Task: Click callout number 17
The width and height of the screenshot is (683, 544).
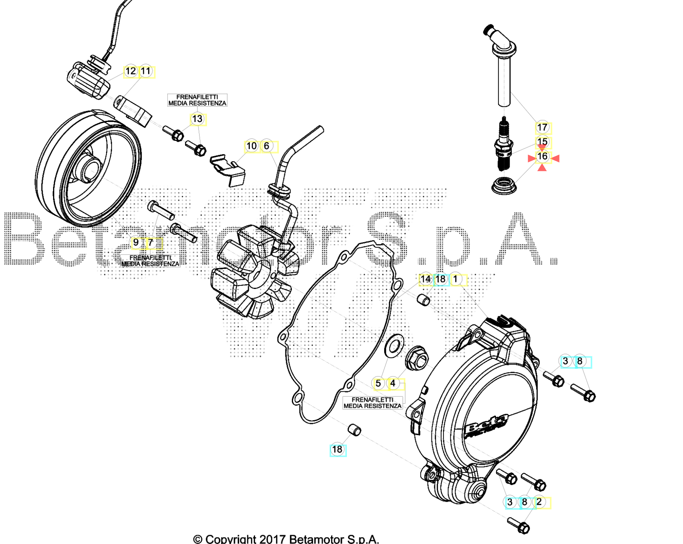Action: coord(542,127)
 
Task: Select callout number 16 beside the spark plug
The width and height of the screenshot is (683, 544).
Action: coord(542,156)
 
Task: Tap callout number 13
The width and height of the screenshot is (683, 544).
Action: coord(197,119)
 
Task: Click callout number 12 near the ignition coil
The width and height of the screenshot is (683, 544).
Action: coord(131,71)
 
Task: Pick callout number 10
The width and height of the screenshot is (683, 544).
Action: coord(251,146)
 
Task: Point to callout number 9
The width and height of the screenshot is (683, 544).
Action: coord(136,243)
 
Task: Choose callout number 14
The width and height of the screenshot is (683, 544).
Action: coord(425,279)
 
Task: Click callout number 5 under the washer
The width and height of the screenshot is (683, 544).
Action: coord(378,384)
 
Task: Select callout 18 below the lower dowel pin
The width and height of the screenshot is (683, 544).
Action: coord(337,449)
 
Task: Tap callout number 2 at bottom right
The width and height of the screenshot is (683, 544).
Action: coord(539,502)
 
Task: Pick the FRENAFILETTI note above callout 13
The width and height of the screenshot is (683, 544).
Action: coord(197,100)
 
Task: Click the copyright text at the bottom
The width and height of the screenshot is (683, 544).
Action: coord(286,539)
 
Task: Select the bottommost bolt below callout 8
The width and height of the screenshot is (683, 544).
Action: coord(519,525)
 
